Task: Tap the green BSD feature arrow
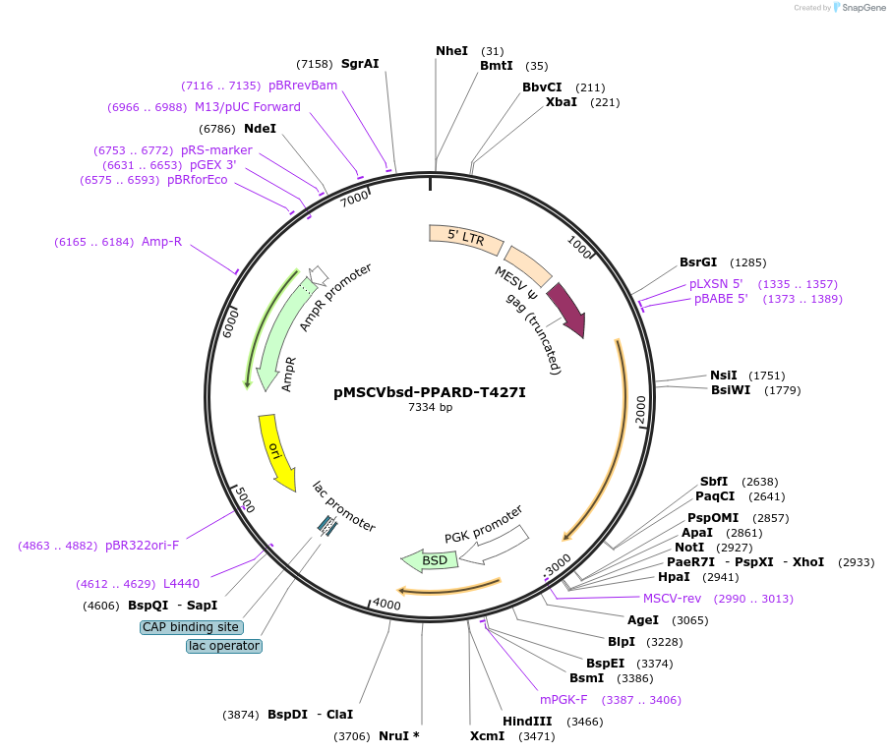coord(430,560)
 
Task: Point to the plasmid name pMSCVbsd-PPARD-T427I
coord(430,391)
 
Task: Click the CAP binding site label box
coord(192,627)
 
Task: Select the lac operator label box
coord(224,646)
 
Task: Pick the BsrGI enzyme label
coord(701,262)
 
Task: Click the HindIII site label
coord(527,722)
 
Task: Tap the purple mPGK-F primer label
coord(564,700)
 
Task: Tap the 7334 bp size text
coord(431,407)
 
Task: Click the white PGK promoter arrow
coord(496,547)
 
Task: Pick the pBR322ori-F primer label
coord(143,545)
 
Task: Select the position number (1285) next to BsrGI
coord(748,262)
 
